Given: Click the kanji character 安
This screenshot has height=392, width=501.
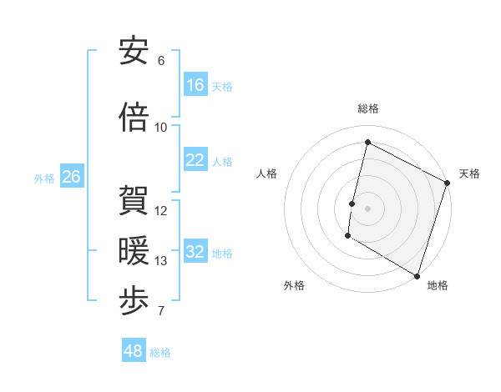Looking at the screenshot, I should point(134,52).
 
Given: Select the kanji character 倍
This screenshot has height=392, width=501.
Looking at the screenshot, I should point(134,118).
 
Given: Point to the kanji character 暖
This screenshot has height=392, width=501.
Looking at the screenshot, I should point(134,251).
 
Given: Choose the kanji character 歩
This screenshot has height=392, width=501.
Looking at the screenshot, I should point(134,301).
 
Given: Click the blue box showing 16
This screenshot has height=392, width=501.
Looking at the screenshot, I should point(195,85).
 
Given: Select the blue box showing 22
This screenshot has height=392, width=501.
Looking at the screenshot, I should point(195,160).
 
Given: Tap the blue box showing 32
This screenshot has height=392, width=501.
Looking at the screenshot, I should point(195,252).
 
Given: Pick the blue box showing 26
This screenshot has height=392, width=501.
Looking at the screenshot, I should point(71,177).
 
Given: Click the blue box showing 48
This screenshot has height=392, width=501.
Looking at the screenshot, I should point(134,351).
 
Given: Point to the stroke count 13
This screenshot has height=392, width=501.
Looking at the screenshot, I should point(161,261).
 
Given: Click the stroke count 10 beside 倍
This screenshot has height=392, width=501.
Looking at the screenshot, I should point(161,128).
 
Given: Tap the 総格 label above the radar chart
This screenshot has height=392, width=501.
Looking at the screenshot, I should point(368,108).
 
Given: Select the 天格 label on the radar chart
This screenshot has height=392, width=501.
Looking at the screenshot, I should point(469,173).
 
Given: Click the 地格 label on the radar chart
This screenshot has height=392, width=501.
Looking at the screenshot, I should point(438,285).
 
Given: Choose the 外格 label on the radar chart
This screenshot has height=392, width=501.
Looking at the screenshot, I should point(294,285).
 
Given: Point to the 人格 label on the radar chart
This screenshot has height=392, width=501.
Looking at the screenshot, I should point(267,173).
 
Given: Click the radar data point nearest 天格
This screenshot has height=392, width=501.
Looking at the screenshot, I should point(447,183).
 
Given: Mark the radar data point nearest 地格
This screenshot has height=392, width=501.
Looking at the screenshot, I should point(416,275).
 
